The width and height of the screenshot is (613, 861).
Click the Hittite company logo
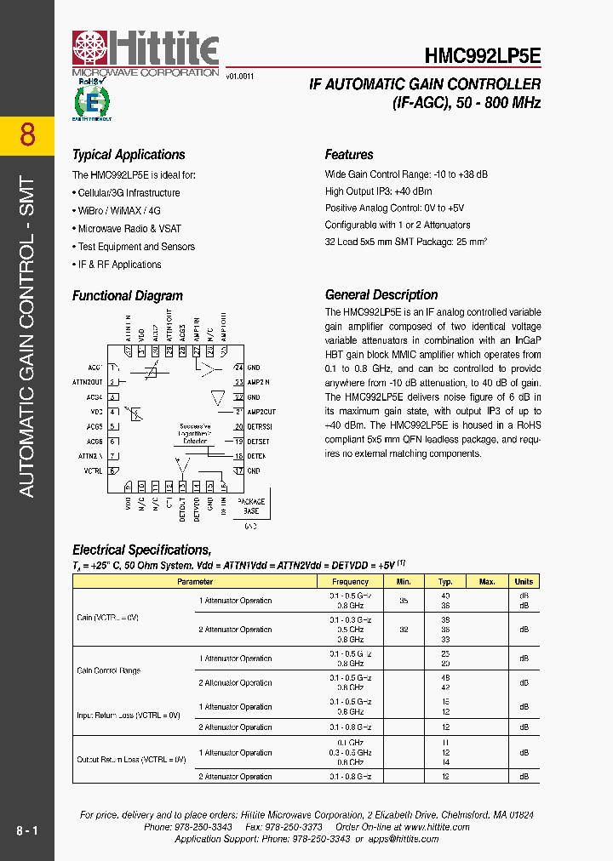pos(145,53)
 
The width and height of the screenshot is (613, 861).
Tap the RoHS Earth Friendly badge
pos(92,103)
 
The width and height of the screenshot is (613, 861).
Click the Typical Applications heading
pos(129,155)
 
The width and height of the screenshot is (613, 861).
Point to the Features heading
pos(349,155)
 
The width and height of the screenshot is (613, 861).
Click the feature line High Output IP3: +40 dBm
pos(378,191)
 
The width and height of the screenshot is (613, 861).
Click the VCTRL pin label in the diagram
pos(93,470)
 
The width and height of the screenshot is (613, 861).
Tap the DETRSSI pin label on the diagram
pos(259,426)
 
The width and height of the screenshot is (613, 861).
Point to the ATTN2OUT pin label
pos(87,382)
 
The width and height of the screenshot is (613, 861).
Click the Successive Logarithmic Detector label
pos(195,432)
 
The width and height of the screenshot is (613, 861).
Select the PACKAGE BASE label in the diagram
pos(251,506)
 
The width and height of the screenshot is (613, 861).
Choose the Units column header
pos(524,582)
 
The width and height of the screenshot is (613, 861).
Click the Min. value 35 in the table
pos(404,601)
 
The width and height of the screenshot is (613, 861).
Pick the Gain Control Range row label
pos(109,670)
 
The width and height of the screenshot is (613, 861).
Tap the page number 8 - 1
pos(27,830)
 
